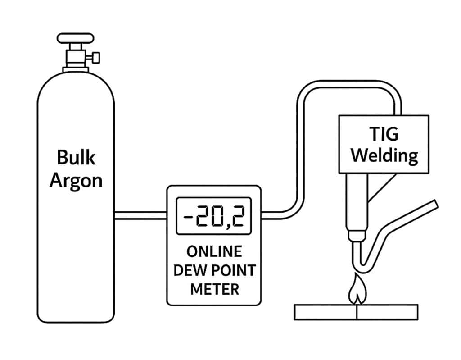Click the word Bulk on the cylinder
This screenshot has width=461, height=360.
(76, 158)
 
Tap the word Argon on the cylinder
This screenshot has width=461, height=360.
(76, 180)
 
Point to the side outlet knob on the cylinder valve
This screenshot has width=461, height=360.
(95, 58)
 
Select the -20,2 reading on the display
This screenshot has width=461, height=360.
(213, 218)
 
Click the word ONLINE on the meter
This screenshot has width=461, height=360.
(214, 251)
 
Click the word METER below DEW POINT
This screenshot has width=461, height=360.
(214, 289)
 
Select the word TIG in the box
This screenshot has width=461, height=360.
(383, 134)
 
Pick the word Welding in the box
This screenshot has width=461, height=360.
(384, 156)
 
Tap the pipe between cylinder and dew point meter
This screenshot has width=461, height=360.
(140, 215)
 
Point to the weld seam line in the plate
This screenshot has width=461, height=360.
(356, 312)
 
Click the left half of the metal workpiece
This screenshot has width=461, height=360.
(325, 312)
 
